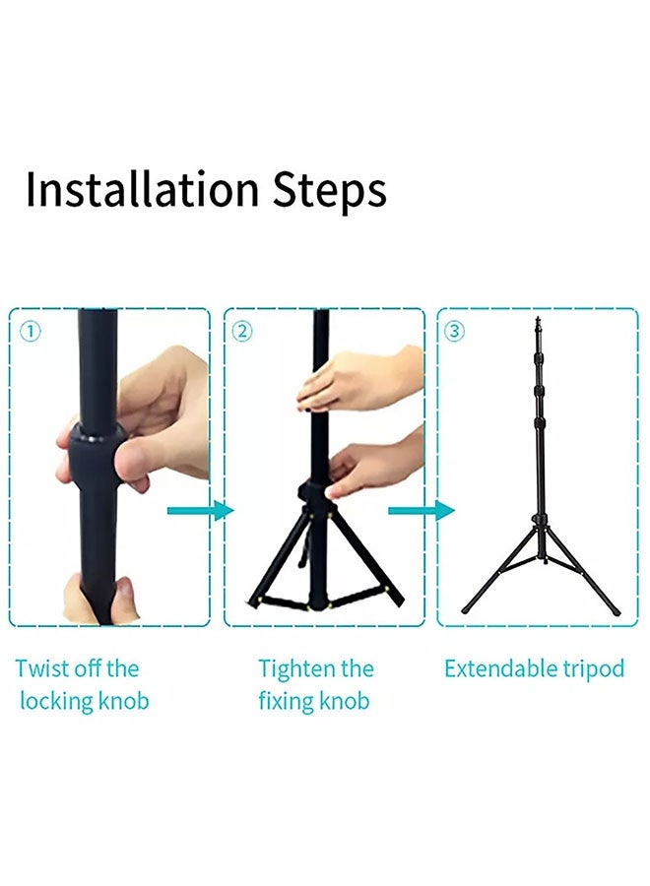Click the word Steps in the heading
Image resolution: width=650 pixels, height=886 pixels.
point(329,191)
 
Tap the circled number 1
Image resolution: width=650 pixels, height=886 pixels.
point(31,332)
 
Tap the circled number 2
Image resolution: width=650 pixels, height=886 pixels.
point(242,332)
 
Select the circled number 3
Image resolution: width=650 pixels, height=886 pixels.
point(454,332)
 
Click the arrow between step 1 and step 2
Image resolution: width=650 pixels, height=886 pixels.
point(200,511)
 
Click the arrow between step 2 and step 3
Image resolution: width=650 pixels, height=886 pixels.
point(422,511)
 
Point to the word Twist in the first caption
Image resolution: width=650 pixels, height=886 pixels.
point(43,668)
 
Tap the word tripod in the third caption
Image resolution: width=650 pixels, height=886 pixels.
point(595,668)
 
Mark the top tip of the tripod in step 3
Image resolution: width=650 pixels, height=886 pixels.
point(538,321)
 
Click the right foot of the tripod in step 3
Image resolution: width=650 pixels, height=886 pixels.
point(616,611)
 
